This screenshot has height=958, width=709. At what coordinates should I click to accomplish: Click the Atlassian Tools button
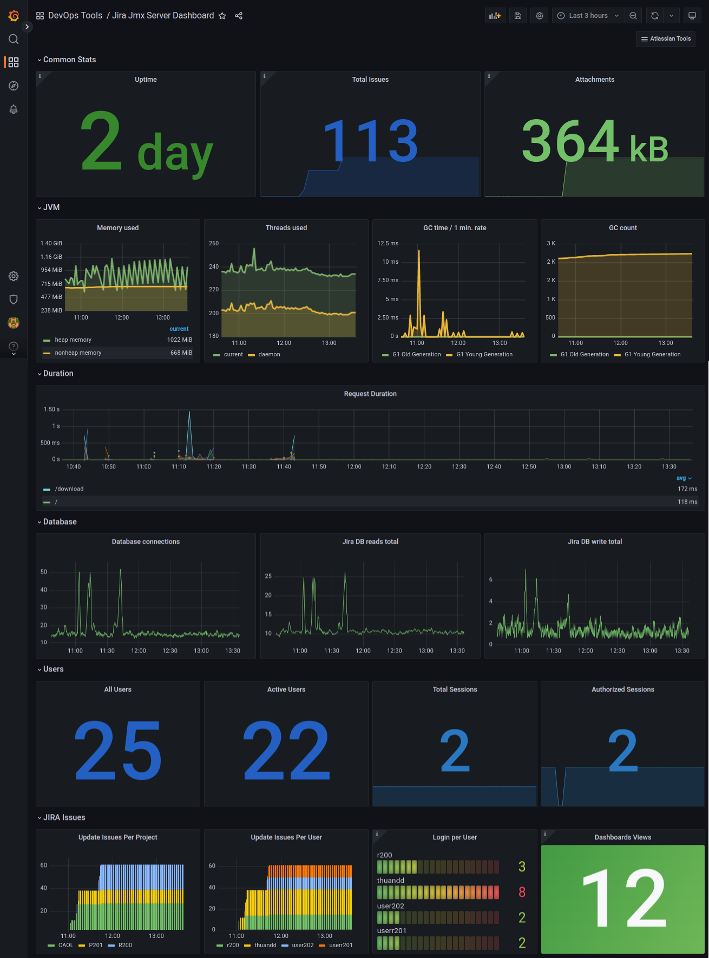coord(666,39)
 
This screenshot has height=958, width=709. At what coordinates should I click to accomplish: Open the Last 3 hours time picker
coord(588,16)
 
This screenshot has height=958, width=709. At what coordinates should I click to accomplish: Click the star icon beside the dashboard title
coord(222,16)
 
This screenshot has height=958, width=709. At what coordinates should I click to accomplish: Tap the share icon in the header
coord(239,16)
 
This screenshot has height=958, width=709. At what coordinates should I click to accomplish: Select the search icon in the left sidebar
coord(14,39)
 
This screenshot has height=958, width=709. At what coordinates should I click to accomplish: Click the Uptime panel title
coord(146,80)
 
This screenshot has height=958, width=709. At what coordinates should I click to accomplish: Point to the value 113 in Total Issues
coord(370,141)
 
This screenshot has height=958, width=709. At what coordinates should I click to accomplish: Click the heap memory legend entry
coord(73,340)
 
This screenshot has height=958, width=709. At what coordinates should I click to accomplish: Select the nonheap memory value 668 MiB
coord(181,353)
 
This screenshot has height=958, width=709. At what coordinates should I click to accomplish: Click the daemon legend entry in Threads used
coord(269,355)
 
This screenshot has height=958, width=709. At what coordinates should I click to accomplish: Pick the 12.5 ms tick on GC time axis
coord(388,244)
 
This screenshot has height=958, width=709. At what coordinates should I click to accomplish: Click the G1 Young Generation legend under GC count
coord(652,355)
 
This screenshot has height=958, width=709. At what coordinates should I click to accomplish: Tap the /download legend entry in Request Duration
coord(69,489)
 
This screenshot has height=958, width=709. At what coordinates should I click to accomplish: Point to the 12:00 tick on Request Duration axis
coord(354,467)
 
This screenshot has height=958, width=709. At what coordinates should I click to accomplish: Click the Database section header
coord(60,522)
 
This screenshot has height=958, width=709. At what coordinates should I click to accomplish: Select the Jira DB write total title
coord(595,542)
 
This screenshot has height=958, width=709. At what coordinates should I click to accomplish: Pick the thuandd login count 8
coord(522,892)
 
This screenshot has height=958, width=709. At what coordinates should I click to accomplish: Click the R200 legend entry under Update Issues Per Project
coord(125,945)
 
